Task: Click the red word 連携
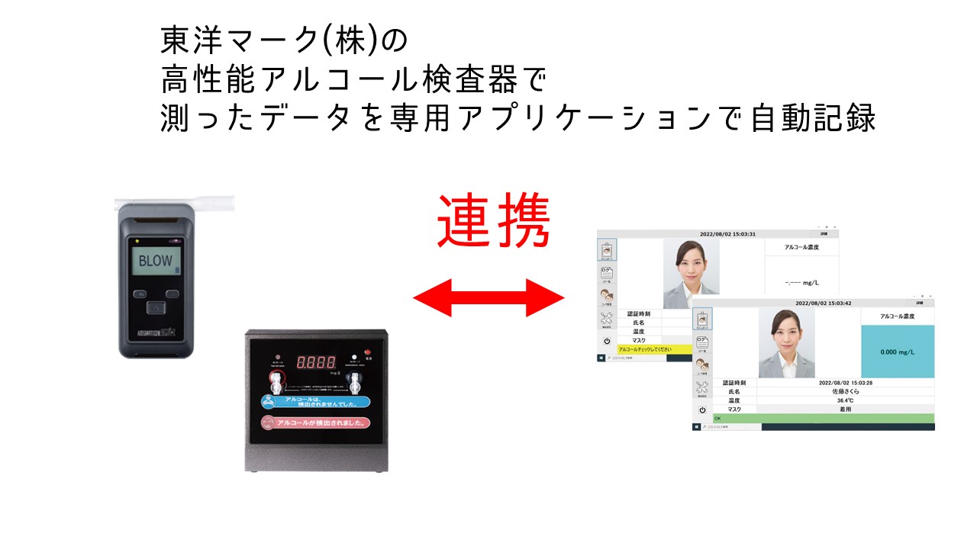(493, 221)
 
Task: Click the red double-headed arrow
(488, 297)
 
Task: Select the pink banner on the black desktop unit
(315, 422)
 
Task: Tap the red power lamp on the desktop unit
(354, 356)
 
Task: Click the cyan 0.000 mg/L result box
(897, 352)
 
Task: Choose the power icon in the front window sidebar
(702, 409)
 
